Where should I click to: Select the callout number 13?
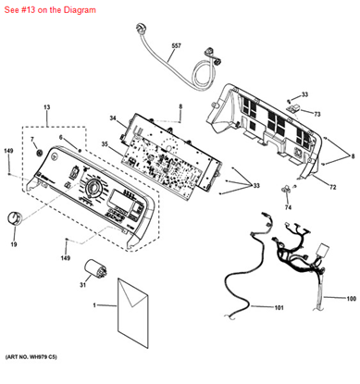pyautogui.click(x=46, y=108)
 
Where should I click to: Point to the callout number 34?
pyautogui.click(x=112, y=119)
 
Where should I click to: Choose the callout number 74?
pyautogui.click(x=287, y=207)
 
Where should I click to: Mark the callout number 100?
pyautogui.click(x=352, y=299)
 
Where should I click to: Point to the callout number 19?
pyautogui.click(x=14, y=244)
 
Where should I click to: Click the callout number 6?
pyautogui.click(x=61, y=138)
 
